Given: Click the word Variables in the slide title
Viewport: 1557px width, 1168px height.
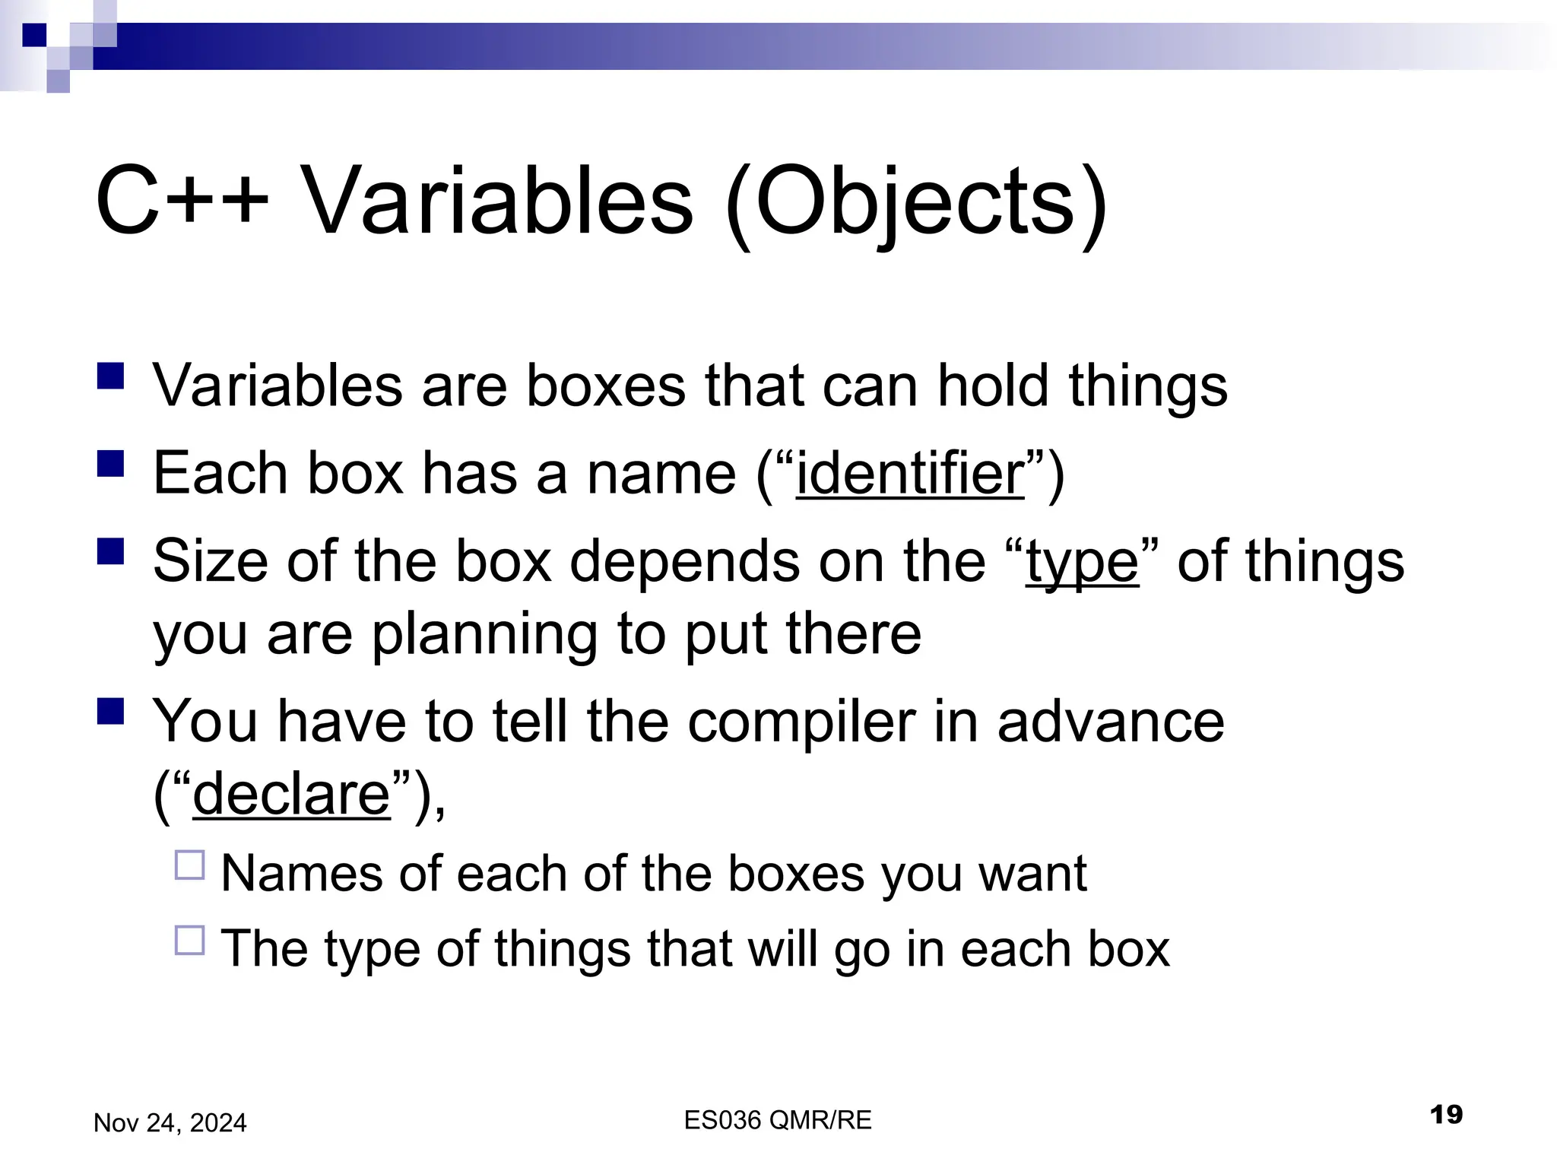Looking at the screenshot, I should click(x=498, y=202).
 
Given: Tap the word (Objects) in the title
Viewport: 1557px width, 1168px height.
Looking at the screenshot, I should click(x=916, y=204).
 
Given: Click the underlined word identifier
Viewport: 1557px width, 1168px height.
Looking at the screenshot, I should click(x=910, y=473).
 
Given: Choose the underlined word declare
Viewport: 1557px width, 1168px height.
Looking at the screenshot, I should click(x=291, y=794).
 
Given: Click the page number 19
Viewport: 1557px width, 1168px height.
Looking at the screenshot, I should click(x=1446, y=1115).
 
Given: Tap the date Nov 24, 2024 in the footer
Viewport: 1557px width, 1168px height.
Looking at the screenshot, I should click(x=170, y=1123).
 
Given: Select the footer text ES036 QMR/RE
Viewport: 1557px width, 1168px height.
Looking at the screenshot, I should click(x=778, y=1120).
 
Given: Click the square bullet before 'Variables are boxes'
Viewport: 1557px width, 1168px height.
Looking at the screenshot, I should click(x=111, y=376).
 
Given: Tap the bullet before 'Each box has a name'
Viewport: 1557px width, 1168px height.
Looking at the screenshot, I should click(x=111, y=463).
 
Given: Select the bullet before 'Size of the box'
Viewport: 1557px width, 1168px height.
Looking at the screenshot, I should click(x=111, y=551).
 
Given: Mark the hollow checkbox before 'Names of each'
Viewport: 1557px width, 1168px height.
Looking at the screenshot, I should click(x=190, y=865).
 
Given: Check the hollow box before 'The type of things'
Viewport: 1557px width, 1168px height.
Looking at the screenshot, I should click(x=190, y=941).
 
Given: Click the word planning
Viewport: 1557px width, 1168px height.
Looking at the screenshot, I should click(x=484, y=635).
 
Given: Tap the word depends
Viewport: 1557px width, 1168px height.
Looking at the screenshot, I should click(x=684, y=563).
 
